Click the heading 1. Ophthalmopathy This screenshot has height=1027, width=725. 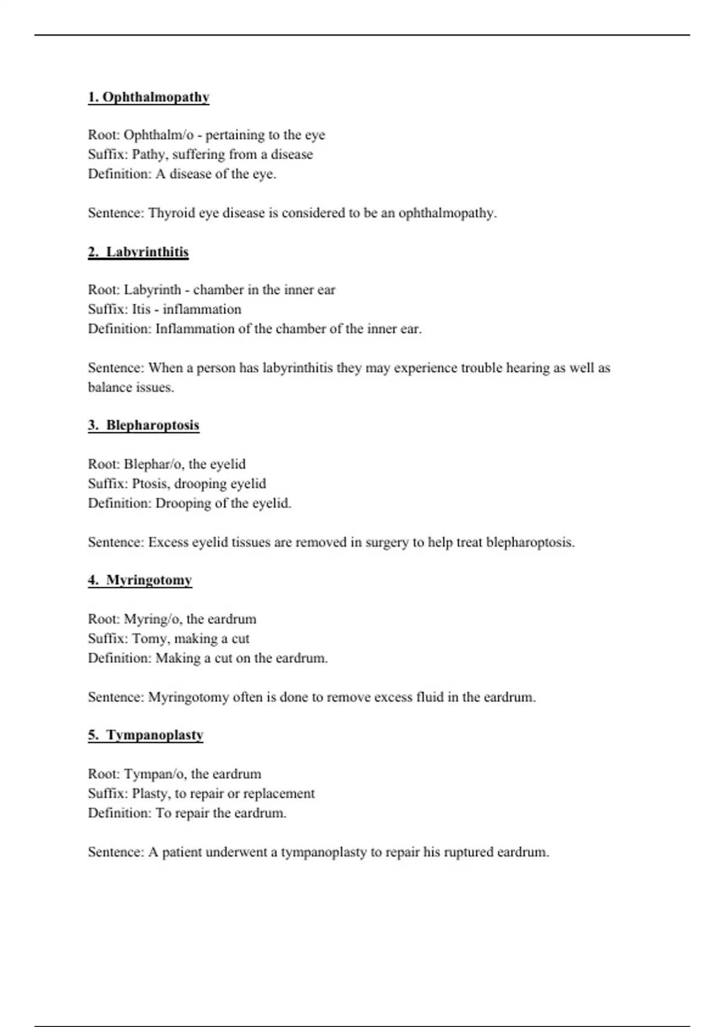tap(149, 97)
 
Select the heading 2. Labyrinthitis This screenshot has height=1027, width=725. tap(138, 252)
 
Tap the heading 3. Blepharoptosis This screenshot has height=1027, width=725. tap(143, 425)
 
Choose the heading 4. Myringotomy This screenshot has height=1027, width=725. tap(140, 581)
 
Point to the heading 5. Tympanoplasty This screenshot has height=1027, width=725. tap(145, 735)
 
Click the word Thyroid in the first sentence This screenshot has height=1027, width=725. tap(170, 213)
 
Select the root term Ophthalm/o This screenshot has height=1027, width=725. tap(158, 135)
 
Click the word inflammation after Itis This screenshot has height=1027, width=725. tap(202, 309)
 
